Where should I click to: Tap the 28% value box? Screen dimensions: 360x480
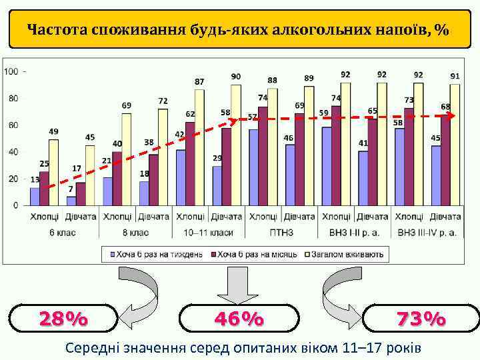pyautogui.click(x=63, y=319)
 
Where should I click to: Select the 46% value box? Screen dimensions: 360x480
pyautogui.click(x=239, y=319)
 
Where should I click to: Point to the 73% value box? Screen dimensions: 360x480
pyautogui.click(x=421, y=319)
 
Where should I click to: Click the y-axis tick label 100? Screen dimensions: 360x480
pyautogui.click(x=11, y=71)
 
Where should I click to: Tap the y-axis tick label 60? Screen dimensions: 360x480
pyautogui.click(x=13, y=125)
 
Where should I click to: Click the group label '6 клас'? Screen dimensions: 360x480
pyautogui.click(x=63, y=233)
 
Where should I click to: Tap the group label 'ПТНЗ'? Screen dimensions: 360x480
pyautogui.click(x=281, y=233)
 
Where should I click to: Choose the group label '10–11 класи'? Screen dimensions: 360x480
pyautogui.click(x=208, y=233)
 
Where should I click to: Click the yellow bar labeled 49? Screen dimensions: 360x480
pyautogui.click(x=53, y=172)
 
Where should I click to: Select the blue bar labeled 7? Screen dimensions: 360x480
pyautogui.click(x=71, y=201)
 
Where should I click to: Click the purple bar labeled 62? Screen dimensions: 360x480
pyautogui.click(x=190, y=163)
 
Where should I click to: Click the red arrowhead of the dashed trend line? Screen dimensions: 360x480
pyautogui.click(x=452, y=116)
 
